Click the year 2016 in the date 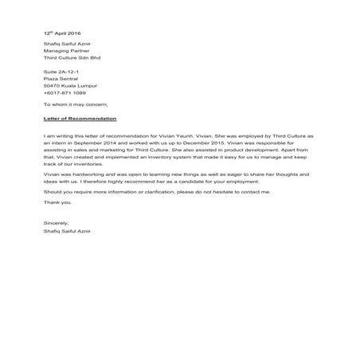tap(73, 33)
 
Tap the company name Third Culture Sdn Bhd tap(72, 58)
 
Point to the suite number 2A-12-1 tap(68, 72)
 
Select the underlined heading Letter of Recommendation tap(80, 118)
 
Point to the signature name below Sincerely tap(67, 229)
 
